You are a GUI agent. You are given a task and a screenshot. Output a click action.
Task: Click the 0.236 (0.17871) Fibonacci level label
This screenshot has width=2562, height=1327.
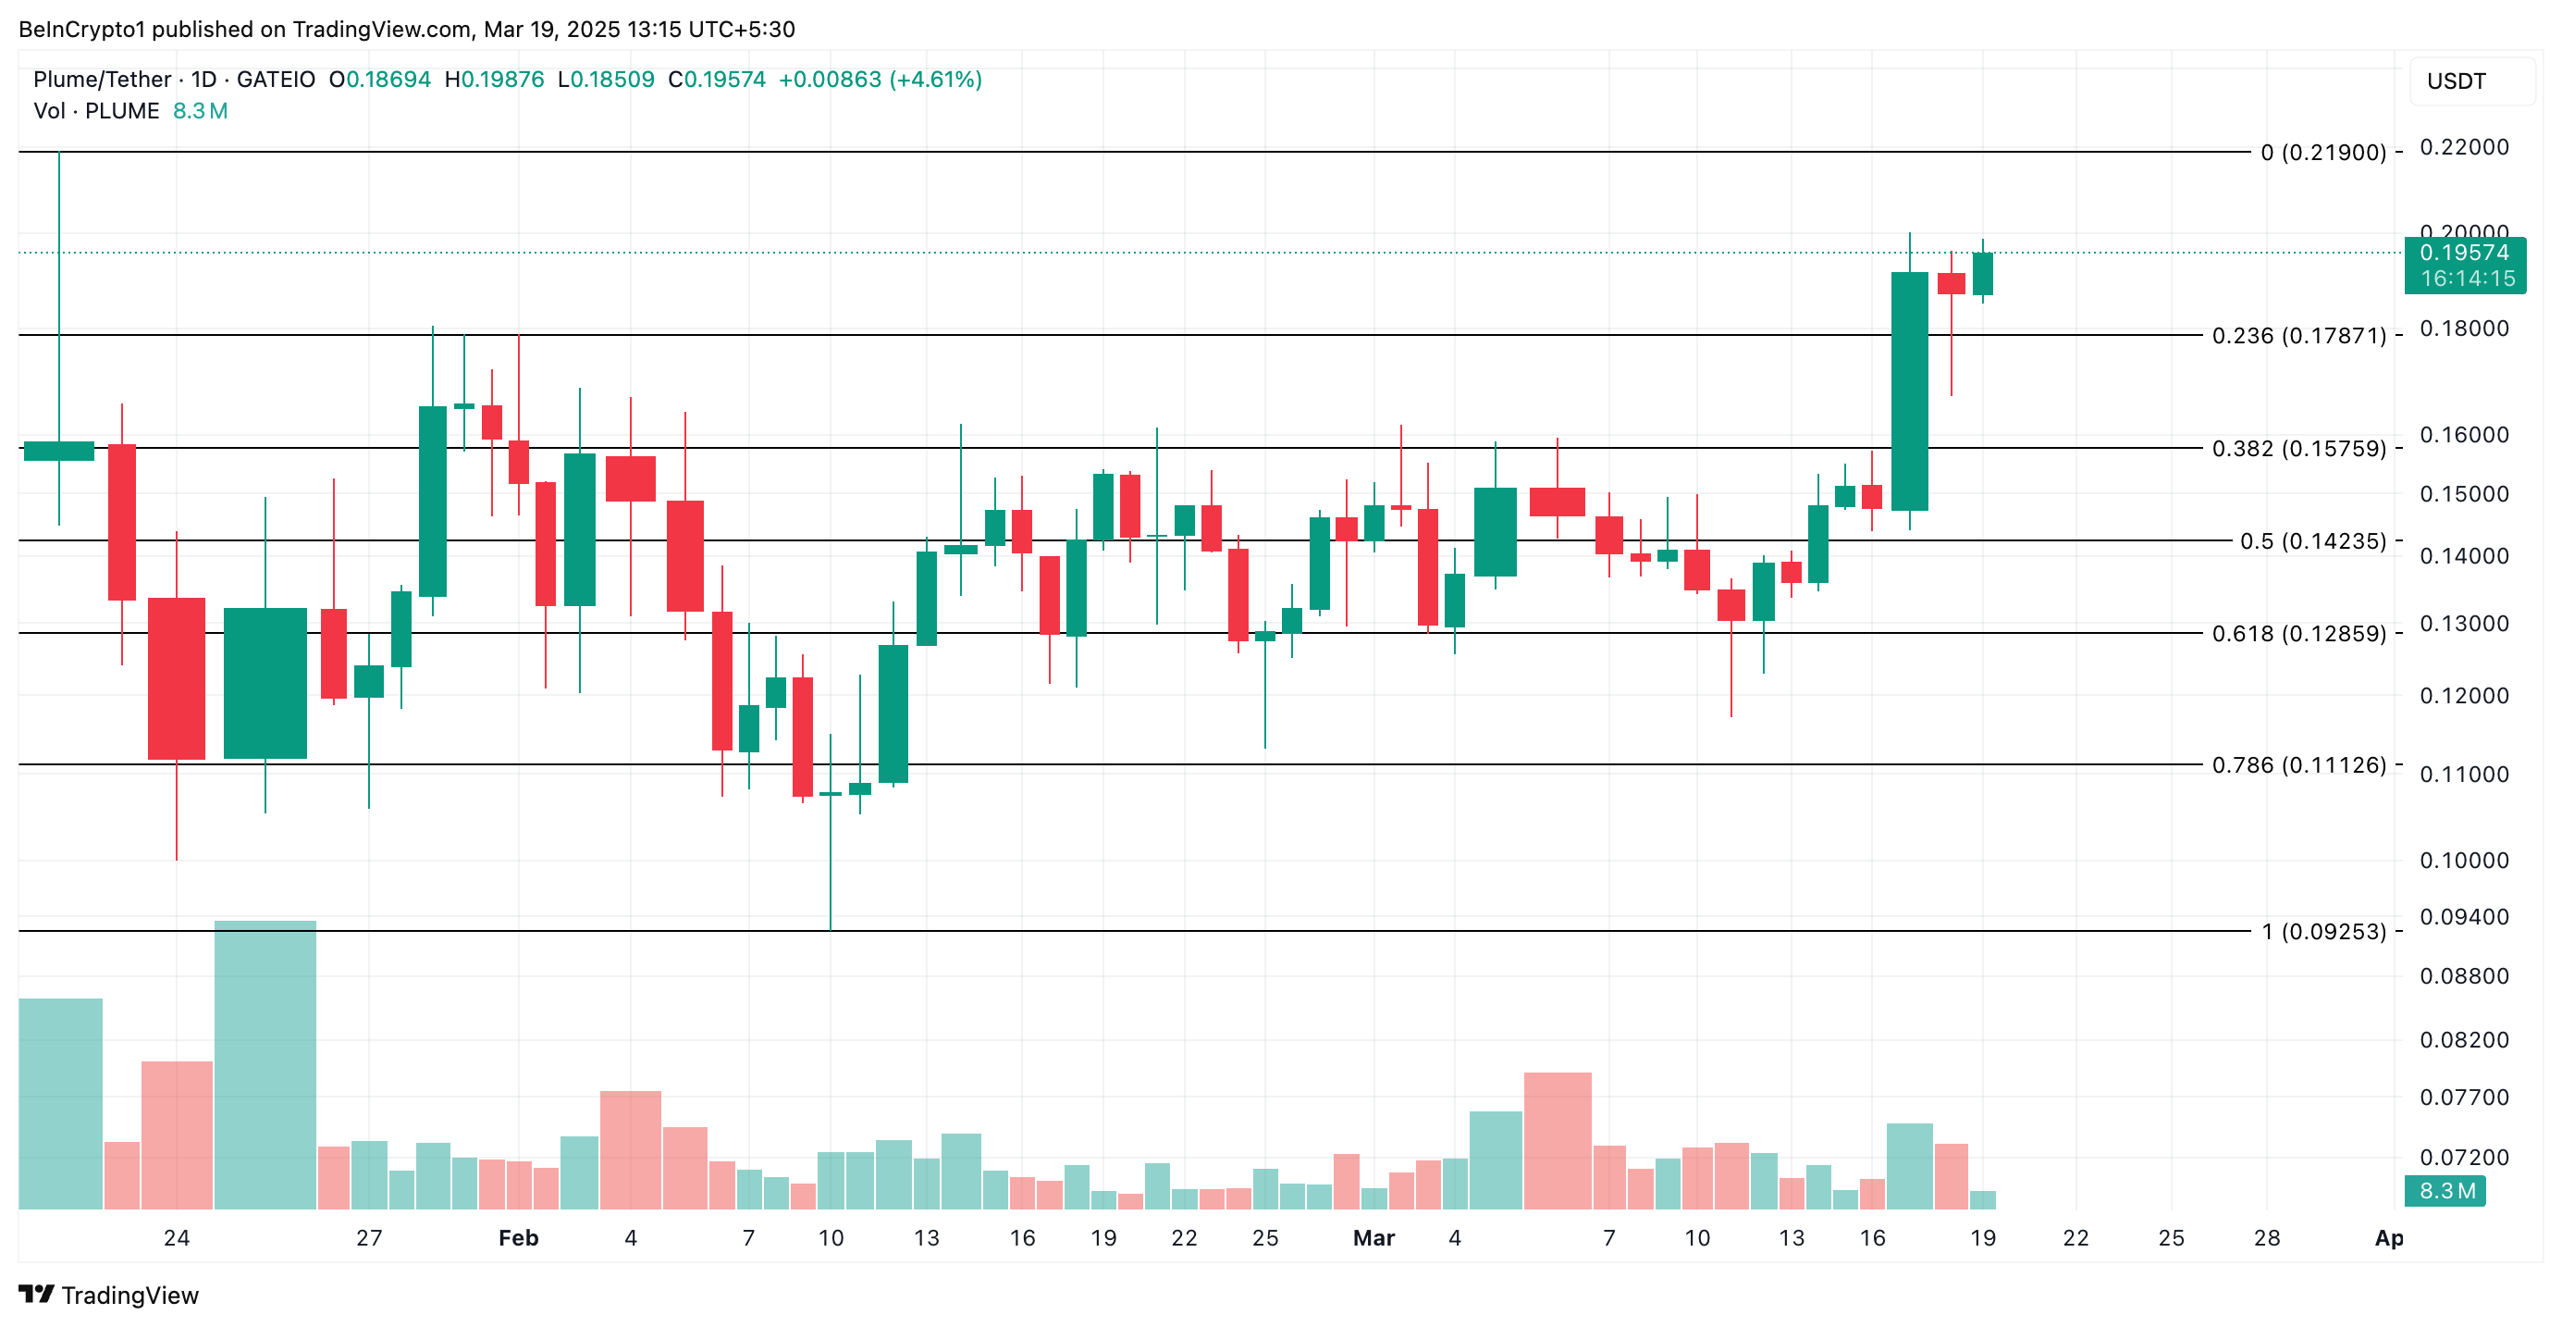point(2298,336)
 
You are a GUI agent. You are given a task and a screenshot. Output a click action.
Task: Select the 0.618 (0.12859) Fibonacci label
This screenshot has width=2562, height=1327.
point(2298,634)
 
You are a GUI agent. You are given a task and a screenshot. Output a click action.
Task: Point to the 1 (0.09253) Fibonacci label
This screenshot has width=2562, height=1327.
point(2323,932)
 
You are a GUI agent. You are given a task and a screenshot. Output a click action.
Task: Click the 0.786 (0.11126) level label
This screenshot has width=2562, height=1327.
point(2298,765)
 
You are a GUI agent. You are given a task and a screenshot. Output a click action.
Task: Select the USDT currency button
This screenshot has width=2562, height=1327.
point(2456,81)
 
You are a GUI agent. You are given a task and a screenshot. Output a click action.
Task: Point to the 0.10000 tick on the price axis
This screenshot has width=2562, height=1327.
point(2464,861)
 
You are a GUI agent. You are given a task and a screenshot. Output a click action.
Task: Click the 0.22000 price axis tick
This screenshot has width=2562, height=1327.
point(2464,147)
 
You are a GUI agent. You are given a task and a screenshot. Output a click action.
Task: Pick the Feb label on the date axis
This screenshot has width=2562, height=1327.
point(518,1238)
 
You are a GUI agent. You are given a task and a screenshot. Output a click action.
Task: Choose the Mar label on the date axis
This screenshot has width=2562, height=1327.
point(1373,1238)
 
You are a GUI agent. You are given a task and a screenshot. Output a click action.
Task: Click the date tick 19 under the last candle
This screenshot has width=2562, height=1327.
point(1983,1238)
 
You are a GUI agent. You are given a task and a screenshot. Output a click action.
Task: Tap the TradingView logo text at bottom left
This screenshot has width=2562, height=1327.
point(129,1296)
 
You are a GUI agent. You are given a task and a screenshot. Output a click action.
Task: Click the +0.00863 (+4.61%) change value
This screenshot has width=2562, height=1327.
point(880,80)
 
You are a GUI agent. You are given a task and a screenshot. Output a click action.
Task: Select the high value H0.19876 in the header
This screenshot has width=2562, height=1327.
point(494,80)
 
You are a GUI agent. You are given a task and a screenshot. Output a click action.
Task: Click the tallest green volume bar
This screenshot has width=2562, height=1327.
point(265,1064)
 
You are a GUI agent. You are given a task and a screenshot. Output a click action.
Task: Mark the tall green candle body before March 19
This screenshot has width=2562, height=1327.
point(1910,391)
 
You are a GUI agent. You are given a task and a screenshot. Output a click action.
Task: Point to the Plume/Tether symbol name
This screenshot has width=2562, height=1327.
point(103,80)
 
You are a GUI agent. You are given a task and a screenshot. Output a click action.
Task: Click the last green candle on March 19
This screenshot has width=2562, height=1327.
point(1983,274)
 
